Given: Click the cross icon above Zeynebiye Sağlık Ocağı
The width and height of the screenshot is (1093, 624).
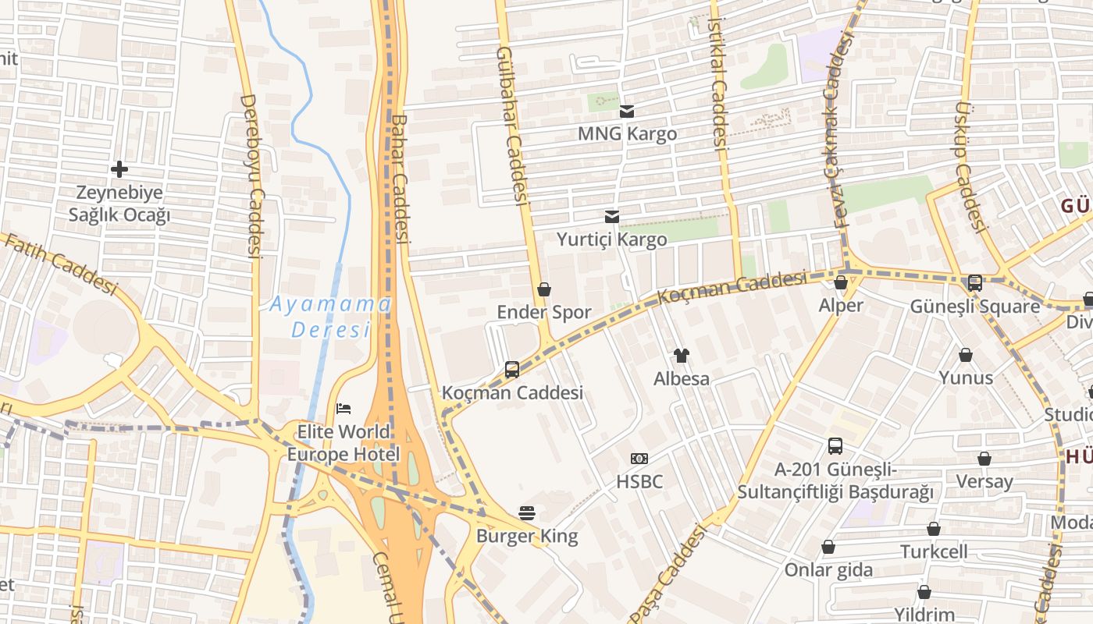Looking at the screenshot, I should click(x=119, y=168).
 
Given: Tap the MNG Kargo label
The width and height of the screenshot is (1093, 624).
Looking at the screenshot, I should click(x=627, y=133).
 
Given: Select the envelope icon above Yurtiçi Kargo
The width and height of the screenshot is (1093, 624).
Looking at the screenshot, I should click(x=612, y=216).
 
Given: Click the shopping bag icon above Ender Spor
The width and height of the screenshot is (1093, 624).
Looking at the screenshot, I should click(x=544, y=289).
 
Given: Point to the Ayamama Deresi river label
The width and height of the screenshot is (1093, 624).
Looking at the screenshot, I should click(x=329, y=317).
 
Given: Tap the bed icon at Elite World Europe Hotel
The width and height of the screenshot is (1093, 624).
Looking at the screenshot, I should click(x=344, y=408).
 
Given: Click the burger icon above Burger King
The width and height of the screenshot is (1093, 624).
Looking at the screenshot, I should click(x=527, y=512).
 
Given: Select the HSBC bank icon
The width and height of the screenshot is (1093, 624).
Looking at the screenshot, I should click(x=639, y=459).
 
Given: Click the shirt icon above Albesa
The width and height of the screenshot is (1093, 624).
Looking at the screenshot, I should click(x=682, y=356).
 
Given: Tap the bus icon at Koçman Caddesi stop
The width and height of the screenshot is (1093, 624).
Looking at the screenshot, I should click(x=512, y=369).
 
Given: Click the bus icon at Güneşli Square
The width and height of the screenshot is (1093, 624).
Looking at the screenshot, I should click(x=974, y=283).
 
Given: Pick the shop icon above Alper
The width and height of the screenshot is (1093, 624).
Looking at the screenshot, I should click(x=841, y=282).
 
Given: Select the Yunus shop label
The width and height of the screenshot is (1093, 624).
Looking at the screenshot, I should click(x=966, y=378).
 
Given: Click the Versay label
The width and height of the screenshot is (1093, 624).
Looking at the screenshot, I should click(x=984, y=481).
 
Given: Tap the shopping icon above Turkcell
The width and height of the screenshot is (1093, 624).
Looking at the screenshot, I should click(x=933, y=529).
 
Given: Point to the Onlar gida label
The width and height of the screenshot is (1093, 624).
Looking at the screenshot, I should click(x=828, y=569).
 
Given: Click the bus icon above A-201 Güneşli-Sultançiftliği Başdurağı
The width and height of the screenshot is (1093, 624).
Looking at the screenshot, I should click(x=835, y=446).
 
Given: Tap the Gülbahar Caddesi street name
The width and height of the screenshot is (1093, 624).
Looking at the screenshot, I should click(x=511, y=125).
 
